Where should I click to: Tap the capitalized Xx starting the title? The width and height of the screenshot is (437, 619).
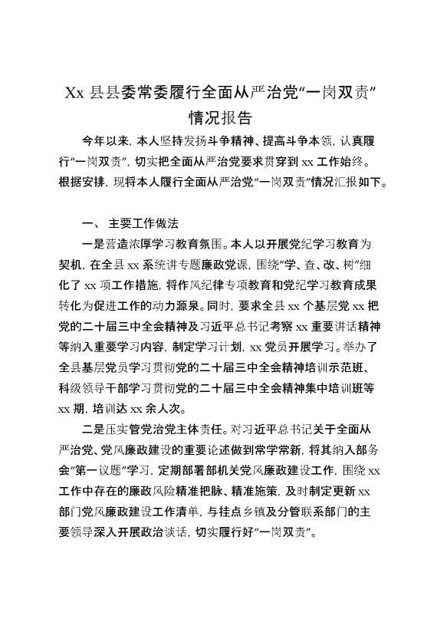[74, 94]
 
